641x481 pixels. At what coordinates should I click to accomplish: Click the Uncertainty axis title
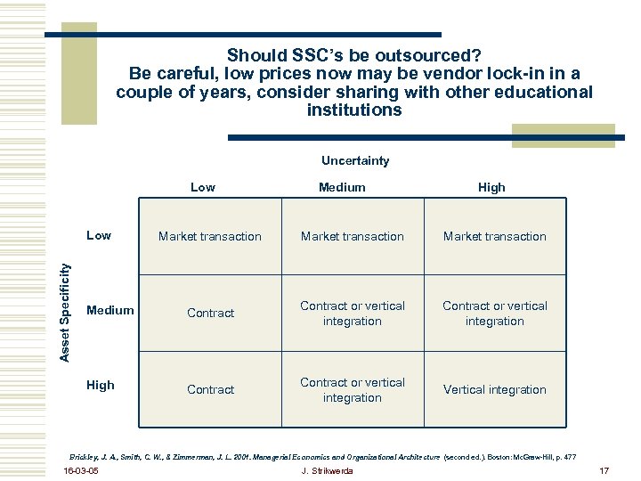coord(354,161)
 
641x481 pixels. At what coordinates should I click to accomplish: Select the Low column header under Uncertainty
coord(203,187)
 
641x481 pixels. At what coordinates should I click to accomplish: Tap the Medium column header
coord(342,187)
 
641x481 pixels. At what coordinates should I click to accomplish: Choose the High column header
coord(491,187)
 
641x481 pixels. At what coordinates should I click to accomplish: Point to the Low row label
coord(99,235)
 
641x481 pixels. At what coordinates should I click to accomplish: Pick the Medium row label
coord(110,310)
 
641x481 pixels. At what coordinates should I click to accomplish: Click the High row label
coord(100,386)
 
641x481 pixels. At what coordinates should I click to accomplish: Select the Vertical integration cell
coord(495,389)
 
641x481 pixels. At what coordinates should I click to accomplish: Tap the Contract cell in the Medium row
coord(211,313)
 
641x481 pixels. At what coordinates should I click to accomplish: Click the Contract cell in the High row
coord(211,389)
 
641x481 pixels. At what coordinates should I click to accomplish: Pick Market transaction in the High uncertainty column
coord(495,236)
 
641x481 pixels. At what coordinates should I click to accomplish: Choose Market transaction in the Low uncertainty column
coord(210,236)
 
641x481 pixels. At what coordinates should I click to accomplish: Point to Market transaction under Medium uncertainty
coord(353,236)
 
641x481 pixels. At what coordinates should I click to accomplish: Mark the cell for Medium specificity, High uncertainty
coord(495,313)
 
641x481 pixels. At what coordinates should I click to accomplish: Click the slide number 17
coord(603,470)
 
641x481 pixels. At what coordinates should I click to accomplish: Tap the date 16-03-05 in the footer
coord(82,470)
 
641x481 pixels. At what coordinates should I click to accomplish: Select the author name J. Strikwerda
coord(327,470)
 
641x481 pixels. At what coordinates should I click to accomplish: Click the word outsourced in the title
coord(432,55)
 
